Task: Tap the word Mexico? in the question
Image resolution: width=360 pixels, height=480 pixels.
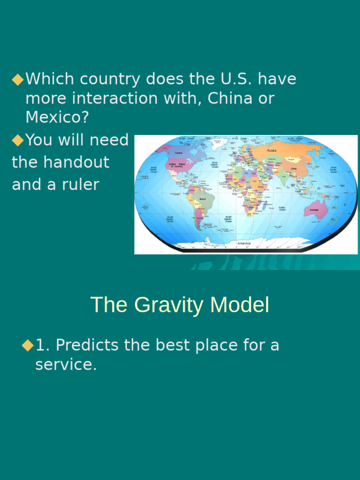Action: click(x=57, y=118)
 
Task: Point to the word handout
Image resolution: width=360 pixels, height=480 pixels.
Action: click(x=76, y=162)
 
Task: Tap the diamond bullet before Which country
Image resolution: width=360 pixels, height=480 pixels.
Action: click(x=17, y=80)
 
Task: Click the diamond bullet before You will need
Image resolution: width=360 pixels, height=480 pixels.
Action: click(x=17, y=140)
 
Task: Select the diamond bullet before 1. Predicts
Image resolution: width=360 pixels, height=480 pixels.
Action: click(x=28, y=346)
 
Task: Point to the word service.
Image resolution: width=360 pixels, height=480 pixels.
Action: click(x=66, y=365)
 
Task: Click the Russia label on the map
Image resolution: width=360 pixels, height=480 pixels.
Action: click(x=272, y=150)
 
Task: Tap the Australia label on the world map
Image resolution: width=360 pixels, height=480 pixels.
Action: click(x=314, y=210)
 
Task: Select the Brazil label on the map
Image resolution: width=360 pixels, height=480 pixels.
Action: click(x=202, y=199)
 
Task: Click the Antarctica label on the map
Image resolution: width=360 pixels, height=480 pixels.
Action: click(x=244, y=243)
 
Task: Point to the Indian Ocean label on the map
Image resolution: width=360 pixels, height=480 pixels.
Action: click(x=282, y=209)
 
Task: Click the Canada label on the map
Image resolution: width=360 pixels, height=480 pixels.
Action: click(x=179, y=153)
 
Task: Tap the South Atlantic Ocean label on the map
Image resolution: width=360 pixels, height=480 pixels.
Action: click(x=228, y=219)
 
